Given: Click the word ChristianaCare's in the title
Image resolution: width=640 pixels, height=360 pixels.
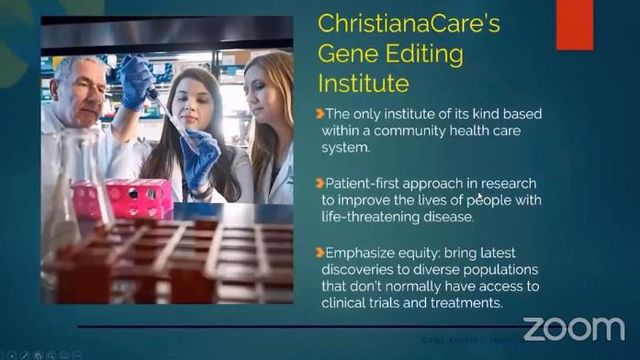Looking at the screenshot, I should coord(408,24).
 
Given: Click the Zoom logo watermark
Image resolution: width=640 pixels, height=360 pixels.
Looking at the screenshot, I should coord(574,328).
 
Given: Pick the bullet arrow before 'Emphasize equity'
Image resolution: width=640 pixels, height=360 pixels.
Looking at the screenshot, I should coord(319,254).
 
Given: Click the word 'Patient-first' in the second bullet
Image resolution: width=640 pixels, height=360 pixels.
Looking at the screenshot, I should coord(361,184).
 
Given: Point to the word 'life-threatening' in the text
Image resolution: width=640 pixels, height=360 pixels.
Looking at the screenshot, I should coord(373,215).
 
